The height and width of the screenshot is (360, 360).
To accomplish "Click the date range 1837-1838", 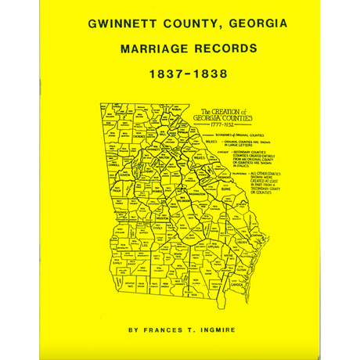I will click(x=187, y=75).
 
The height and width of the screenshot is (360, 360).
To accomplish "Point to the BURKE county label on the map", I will click(x=225, y=189).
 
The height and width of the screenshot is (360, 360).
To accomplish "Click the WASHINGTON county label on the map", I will click(x=197, y=190).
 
